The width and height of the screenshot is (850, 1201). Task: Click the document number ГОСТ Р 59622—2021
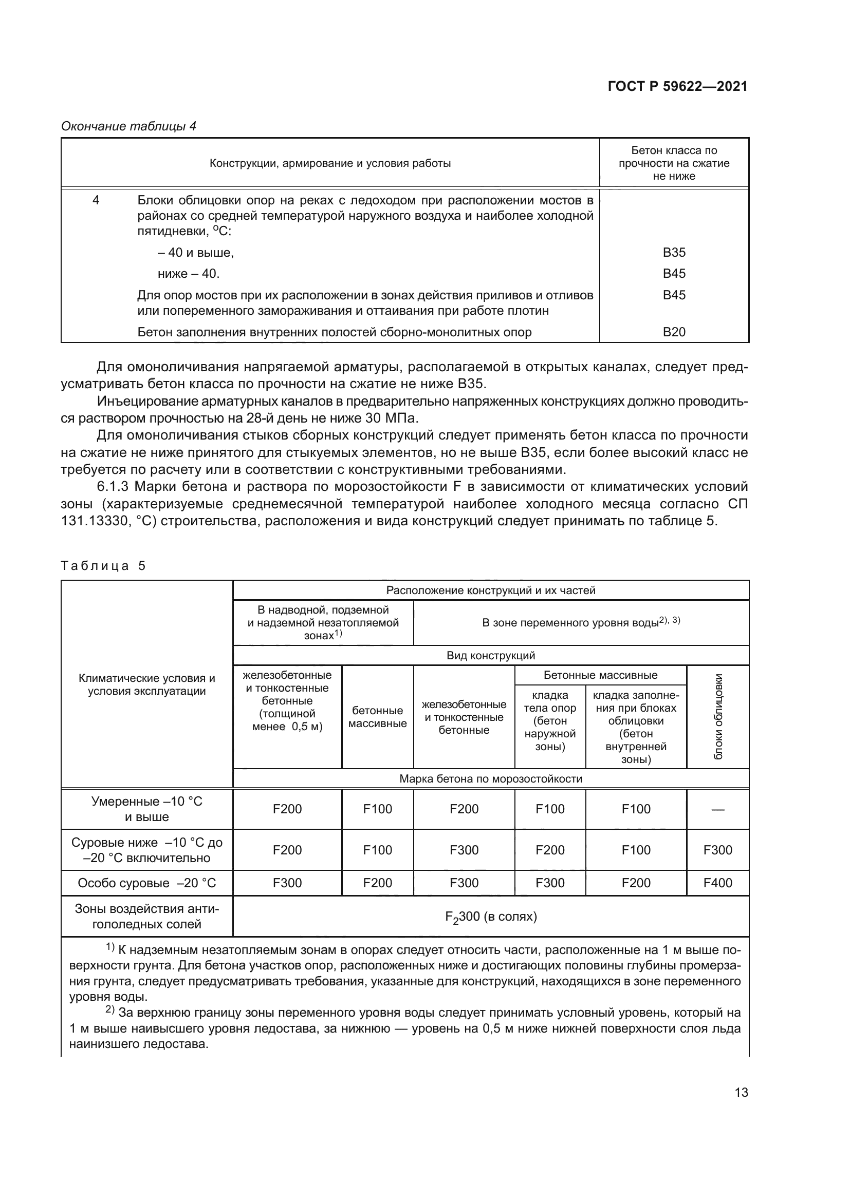click(677, 86)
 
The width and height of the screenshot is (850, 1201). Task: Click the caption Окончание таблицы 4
click(129, 126)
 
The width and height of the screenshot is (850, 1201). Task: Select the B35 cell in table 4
click(674, 253)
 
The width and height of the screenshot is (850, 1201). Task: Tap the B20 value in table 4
click(674, 332)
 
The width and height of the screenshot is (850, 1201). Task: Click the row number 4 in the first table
click(96, 200)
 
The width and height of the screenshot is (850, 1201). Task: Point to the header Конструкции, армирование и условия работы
click(330, 163)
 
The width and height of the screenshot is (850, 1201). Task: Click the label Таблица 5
click(103, 566)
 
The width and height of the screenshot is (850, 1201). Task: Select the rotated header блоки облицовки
click(718, 717)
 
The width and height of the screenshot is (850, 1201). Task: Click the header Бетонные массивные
click(600, 675)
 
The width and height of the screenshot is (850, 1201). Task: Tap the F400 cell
click(717, 883)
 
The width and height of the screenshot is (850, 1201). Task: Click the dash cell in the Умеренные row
click(717, 810)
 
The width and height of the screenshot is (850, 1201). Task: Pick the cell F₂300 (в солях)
click(490, 917)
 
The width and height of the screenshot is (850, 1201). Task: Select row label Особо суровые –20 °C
click(146, 883)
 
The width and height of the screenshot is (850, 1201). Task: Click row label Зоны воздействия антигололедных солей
click(146, 917)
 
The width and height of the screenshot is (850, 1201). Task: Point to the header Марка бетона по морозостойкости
click(490, 779)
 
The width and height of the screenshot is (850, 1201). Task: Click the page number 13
click(741, 1093)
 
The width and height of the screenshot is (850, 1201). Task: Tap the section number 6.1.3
click(113, 487)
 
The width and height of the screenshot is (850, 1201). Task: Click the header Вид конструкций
click(490, 655)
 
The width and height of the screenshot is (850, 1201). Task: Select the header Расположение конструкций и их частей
click(490, 590)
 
